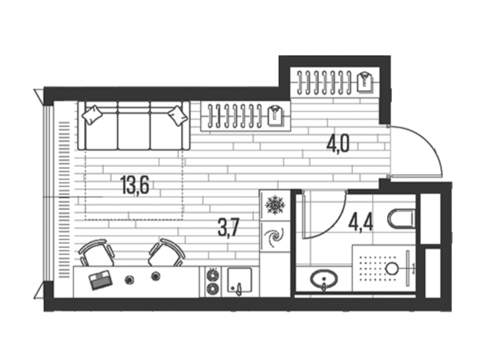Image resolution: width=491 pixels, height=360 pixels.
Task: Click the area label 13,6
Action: [x=134, y=185]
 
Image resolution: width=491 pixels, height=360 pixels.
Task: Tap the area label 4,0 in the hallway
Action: [x=338, y=144]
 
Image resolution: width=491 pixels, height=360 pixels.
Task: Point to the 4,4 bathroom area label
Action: [x=361, y=223]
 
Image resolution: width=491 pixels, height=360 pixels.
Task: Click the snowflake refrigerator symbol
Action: [x=275, y=205]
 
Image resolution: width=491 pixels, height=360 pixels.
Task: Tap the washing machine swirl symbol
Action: [x=274, y=237]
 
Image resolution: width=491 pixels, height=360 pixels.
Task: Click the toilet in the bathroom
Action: [x=402, y=218]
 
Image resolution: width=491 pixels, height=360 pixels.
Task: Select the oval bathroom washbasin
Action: [x=324, y=278]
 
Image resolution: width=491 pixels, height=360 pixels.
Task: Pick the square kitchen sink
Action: [x=239, y=280]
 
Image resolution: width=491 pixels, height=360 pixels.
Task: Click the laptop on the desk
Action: [x=100, y=280]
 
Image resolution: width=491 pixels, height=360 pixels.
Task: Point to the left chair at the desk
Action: [x=96, y=253]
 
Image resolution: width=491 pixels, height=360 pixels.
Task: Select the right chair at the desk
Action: [x=166, y=253]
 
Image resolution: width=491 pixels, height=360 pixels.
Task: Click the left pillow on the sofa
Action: [x=92, y=115]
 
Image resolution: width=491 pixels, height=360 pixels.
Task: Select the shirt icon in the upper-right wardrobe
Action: [x=365, y=82]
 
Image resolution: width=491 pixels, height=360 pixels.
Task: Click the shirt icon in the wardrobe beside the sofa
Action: [x=276, y=116]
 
